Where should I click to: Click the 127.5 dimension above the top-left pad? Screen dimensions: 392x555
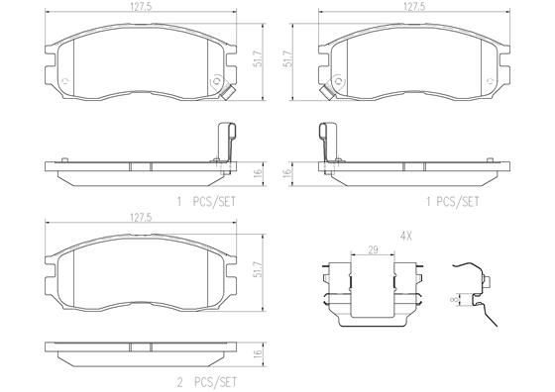pyautogui.click(x=139, y=8)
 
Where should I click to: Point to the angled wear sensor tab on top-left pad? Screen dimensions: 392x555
pyautogui.click(x=226, y=95)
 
